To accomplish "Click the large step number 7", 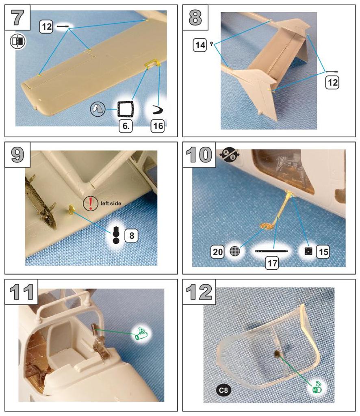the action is tap(17, 17).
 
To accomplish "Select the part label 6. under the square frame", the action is tap(126, 126).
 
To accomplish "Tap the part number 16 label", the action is tap(158, 126).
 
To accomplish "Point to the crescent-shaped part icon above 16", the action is tap(158, 110).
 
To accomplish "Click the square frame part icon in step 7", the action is tap(125, 109).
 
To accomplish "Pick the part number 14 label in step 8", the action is tap(200, 45).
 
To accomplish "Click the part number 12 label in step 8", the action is tap(332, 82).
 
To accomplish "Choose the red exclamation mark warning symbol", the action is tap(91, 204).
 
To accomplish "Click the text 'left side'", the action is tap(111, 204).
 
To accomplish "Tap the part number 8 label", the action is tap(131, 235).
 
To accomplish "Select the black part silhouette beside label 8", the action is tap(116, 235).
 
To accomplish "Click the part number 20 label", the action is tap(218, 251).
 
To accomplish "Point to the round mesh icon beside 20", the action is tap(235, 251).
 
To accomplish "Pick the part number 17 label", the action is tap(272, 263).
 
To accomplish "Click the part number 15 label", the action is tap(323, 251).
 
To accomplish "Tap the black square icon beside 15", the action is tap(308, 251).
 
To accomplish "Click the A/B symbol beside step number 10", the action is tap(230, 155).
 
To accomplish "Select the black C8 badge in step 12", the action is tap(223, 390).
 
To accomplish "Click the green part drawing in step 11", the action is tap(142, 334).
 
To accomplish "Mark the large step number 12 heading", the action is tap(199, 292).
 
